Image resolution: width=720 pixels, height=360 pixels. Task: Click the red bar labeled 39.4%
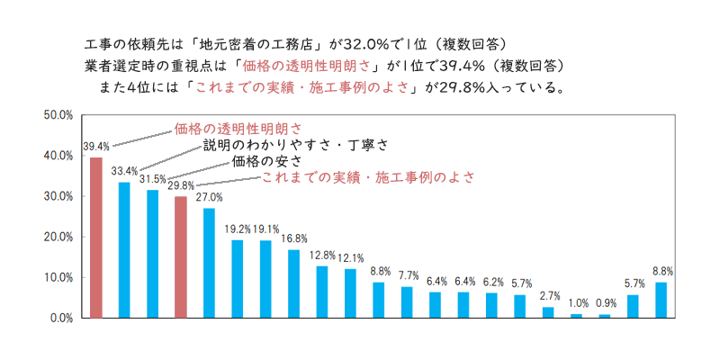[x=95, y=238]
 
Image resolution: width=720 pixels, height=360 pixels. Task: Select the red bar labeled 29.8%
[x=180, y=256]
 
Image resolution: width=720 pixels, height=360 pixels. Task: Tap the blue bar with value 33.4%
[x=124, y=249]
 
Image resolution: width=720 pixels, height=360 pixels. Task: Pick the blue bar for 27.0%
[x=209, y=263]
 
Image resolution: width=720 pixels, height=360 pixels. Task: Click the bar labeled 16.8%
[x=293, y=283]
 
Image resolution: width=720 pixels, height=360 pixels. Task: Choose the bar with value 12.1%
[x=350, y=293]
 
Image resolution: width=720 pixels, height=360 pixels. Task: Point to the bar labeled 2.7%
[x=547, y=312]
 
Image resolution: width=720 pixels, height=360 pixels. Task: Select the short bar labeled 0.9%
[x=604, y=316]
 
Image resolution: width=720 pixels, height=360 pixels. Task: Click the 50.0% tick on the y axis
[x=59, y=115]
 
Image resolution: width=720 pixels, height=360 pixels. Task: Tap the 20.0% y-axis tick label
[x=59, y=237]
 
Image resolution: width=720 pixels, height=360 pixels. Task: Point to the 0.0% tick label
[x=61, y=318]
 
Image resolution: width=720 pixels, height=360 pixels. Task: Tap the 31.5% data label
[x=152, y=178]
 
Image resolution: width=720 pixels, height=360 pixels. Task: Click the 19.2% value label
[x=238, y=229]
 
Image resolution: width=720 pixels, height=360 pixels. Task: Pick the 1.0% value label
[x=576, y=303]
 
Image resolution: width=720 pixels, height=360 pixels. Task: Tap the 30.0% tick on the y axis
[x=59, y=196]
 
